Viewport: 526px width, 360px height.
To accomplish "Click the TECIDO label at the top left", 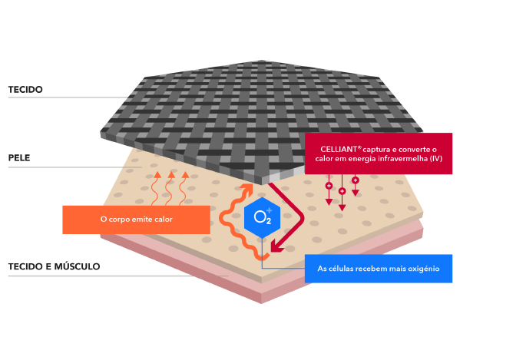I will coord(25,89).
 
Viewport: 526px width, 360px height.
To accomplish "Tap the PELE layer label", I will coord(19,159).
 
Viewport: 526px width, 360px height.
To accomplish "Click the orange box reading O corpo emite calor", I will coord(136,220).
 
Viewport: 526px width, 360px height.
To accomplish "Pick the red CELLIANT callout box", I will coord(378,154).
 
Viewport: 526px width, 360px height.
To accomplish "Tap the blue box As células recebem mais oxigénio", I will coord(378,269).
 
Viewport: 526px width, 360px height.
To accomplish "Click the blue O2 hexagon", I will coord(262,216).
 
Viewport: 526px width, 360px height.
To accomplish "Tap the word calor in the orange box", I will coord(162,220).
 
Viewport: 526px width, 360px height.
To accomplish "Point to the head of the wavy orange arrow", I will coord(248,187).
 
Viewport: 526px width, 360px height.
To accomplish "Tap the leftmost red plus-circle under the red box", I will coord(329,187).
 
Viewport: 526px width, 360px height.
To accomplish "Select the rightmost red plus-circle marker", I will coord(356,180).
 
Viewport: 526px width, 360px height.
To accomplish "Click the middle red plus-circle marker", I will coord(342,190).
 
